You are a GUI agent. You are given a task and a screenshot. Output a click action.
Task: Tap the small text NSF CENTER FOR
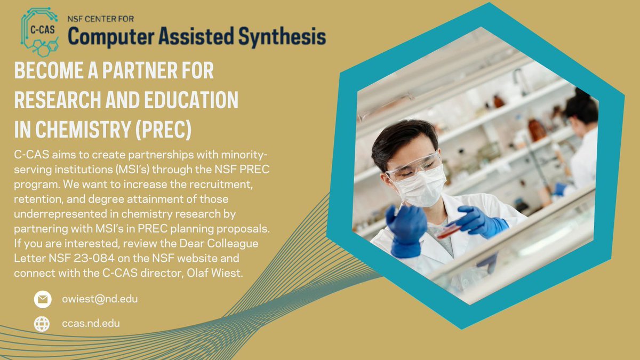click(100, 19)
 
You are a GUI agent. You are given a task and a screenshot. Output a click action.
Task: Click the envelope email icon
click(42, 299)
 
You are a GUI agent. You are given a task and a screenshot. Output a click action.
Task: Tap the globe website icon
click(42, 324)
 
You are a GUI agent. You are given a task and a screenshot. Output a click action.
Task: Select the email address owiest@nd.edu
click(99, 299)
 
